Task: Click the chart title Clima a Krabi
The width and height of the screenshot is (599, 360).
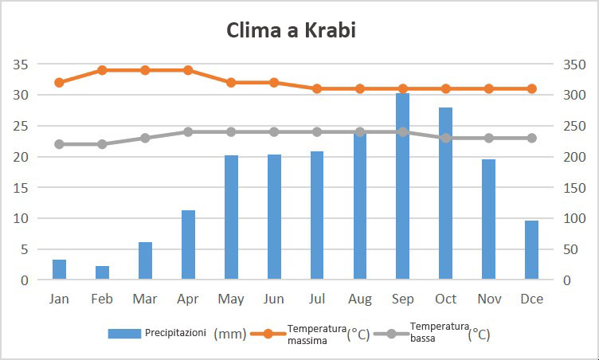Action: coord(291,31)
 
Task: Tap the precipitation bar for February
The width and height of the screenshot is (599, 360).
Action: coord(102,272)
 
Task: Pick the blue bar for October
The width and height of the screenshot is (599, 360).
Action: coord(446,194)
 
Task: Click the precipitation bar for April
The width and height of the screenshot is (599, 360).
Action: coord(188,245)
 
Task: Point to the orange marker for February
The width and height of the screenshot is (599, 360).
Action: coord(102,70)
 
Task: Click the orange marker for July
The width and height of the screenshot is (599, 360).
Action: coord(317,88)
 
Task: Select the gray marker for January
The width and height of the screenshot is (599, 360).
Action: coord(59,144)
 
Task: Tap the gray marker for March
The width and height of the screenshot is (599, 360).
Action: coord(145,138)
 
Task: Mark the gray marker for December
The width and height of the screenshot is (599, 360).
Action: coord(532,138)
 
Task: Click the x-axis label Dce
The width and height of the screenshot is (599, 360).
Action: coord(532,299)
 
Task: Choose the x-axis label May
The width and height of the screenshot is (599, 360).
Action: coord(231,299)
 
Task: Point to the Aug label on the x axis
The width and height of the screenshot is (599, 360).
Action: coord(360,299)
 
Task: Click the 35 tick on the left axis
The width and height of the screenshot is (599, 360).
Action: coord(21,65)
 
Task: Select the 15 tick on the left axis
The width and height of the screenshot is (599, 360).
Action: coord(21,188)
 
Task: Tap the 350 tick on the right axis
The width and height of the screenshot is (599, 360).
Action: coord(574,65)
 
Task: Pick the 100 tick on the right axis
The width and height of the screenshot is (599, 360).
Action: coord(574,218)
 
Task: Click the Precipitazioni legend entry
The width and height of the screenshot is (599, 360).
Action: coord(158,333)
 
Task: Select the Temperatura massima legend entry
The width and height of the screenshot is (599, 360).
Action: coord(316,333)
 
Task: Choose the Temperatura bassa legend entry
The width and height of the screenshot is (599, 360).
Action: coord(439,333)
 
